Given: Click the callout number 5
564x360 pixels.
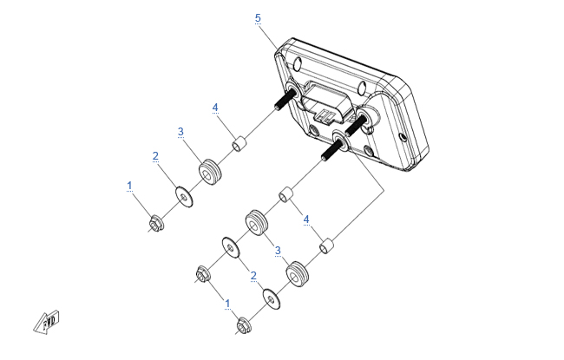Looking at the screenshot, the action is pyautogui.click(x=258, y=17).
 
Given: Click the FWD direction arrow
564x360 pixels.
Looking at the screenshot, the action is pyautogui.click(x=47, y=322).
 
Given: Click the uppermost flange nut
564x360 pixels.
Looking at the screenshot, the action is pyautogui.click(x=156, y=223).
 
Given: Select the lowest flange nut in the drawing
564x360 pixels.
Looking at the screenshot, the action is pyautogui.click(x=244, y=325).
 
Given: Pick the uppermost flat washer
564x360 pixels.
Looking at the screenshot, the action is pyautogui.click(x=184, y=196).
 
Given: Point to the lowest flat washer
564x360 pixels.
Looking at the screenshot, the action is pyautogui.click(x=272, y=298).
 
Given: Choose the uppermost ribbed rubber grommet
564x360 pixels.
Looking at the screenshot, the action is pyautogui.click(x=210, y=172).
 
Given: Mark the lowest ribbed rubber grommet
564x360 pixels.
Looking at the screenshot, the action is pyautogui.click(x=297, y=273).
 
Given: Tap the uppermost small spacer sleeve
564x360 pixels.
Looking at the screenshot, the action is pyautogui.click(x=239, y=143).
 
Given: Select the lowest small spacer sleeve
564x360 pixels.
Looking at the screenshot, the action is pyautogui.click(x=326, y=245).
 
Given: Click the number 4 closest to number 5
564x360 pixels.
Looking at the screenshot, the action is pyautogui.click(x=215, y=108).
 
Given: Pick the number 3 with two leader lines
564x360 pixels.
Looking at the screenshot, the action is pyautogui.click(x=278, y=251).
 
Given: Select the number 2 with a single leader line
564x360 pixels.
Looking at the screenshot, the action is pyautogui.click(x=155, y=156).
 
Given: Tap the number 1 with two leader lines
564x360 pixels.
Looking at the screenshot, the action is pyautogui.click(x=227, y=304).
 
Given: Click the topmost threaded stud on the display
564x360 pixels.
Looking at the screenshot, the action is pyautogui.click(x=286, y=99).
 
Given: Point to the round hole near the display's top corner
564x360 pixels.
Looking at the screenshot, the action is pyautogui.click(x=298, y=65).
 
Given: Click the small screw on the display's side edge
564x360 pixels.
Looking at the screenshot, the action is pyautogui.click(x=403, y=137).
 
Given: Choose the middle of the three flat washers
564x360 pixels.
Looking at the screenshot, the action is pyautogui.click(x=231, y=247).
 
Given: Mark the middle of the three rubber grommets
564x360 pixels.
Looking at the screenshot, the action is pyautogui.click(x=256, y=223).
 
